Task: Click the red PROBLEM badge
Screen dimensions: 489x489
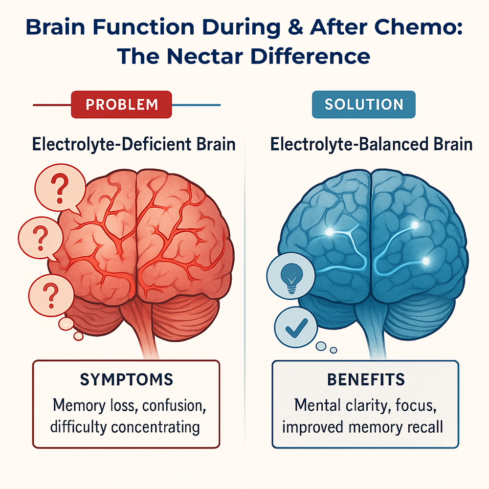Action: (121, 105)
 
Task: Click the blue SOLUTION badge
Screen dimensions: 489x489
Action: (364, 105)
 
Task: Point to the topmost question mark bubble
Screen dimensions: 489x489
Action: (60, 188)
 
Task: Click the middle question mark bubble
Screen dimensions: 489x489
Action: (40, 239)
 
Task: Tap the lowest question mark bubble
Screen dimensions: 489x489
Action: (51, 296)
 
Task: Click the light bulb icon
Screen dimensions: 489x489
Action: (290, 276)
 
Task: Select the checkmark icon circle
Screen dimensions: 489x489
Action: (296, 327)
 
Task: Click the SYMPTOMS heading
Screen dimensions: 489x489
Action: (126, 379)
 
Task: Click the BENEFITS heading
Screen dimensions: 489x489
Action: (366, 379)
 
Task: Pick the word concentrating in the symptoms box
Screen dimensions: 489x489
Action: (156, 427)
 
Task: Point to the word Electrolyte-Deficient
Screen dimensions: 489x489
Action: (112, 145)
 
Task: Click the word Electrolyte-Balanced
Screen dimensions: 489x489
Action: (350, 145)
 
